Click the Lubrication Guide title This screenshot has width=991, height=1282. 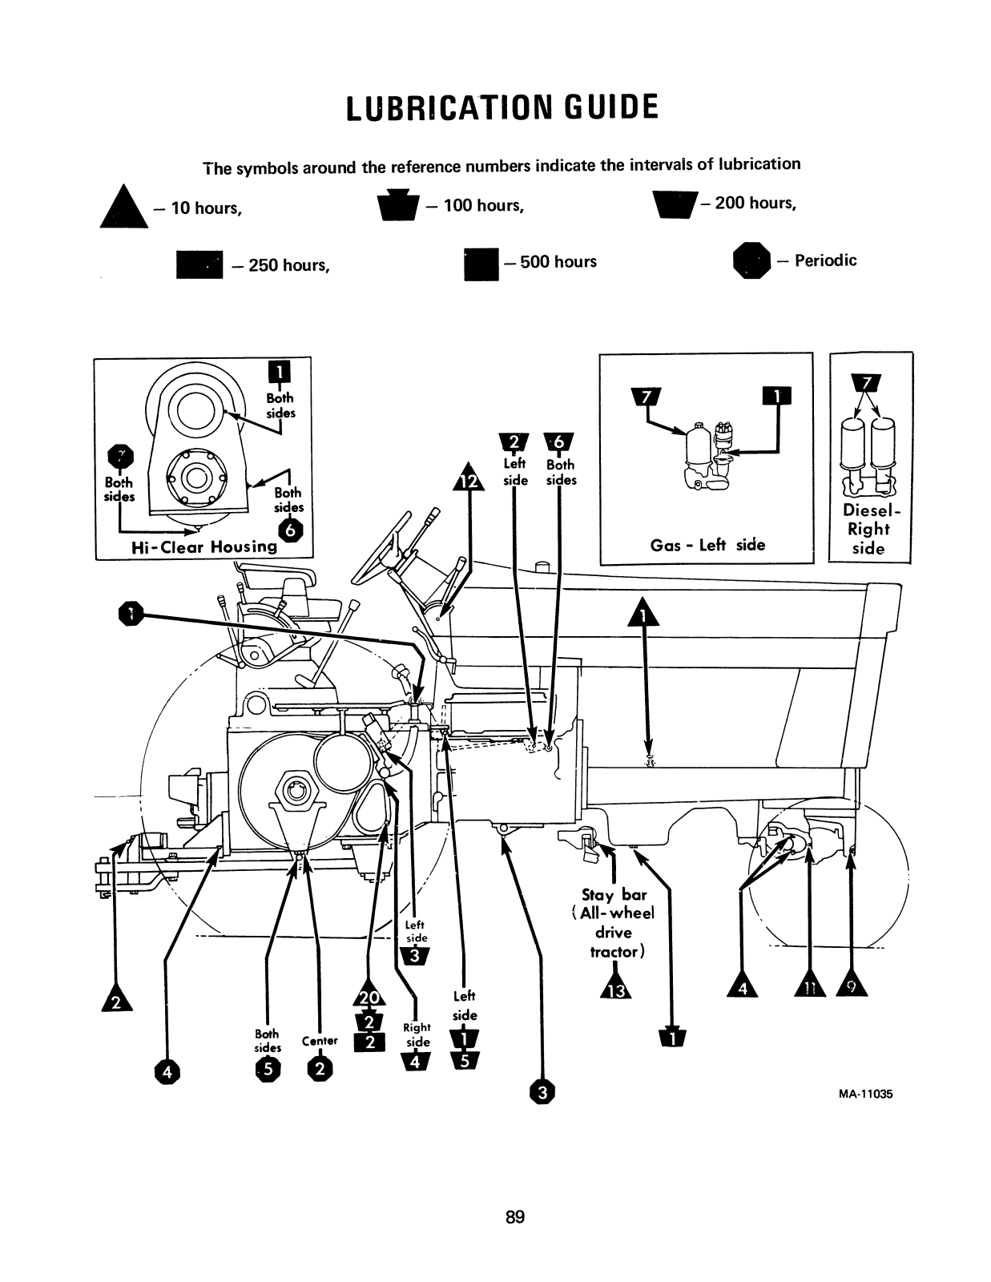502,107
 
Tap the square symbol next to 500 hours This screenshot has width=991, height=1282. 481,264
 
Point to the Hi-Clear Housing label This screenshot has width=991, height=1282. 203,547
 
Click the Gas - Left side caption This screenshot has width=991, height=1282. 707,546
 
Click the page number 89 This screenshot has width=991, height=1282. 515,1217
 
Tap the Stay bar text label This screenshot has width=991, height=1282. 614,895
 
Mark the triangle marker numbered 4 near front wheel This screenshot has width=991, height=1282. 742,987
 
